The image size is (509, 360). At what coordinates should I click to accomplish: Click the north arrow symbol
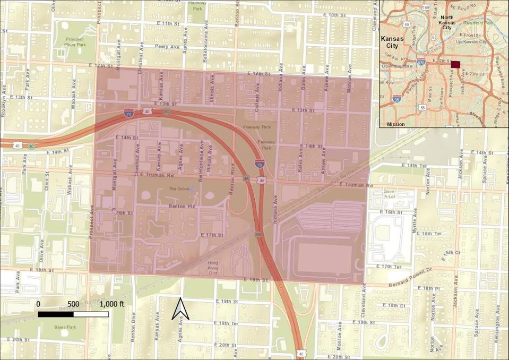point(180,309)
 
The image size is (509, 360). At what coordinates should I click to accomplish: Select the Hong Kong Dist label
point(213,265)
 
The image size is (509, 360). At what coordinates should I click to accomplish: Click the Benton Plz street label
point(179,205)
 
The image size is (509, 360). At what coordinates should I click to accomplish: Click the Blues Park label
point(65,327)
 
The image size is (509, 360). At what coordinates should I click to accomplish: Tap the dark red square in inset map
point(455,65)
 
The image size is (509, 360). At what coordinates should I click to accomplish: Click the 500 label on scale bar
point(73,304)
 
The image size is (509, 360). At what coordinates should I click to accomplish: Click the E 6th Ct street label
point(452,253)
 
